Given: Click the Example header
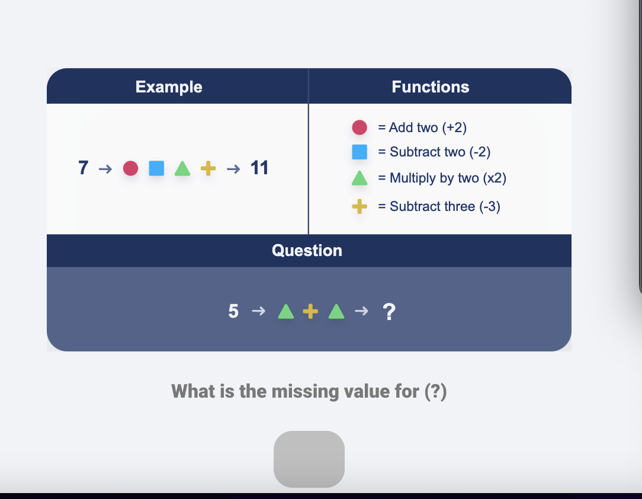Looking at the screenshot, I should [169, 87].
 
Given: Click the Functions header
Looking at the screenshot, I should [431, 87].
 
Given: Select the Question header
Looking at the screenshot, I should [307, 251].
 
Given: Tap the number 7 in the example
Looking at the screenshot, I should [84, 168].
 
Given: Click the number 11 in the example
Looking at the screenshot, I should [259, 168].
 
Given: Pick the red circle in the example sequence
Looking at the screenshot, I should [130, 169].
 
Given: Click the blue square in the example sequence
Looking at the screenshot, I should [156, 169].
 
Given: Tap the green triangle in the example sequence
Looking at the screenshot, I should [182, 169].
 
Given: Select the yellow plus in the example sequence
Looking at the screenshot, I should [208, 169].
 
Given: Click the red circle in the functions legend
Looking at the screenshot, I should [359, 127].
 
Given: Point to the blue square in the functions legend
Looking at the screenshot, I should [359, 152].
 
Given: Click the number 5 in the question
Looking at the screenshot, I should [233, 311].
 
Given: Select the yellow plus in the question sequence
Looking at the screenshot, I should [310, 311].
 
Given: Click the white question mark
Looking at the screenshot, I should [389, 311].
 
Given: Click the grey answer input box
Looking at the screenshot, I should [309, 459].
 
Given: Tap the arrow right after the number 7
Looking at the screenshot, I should [105, 169].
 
